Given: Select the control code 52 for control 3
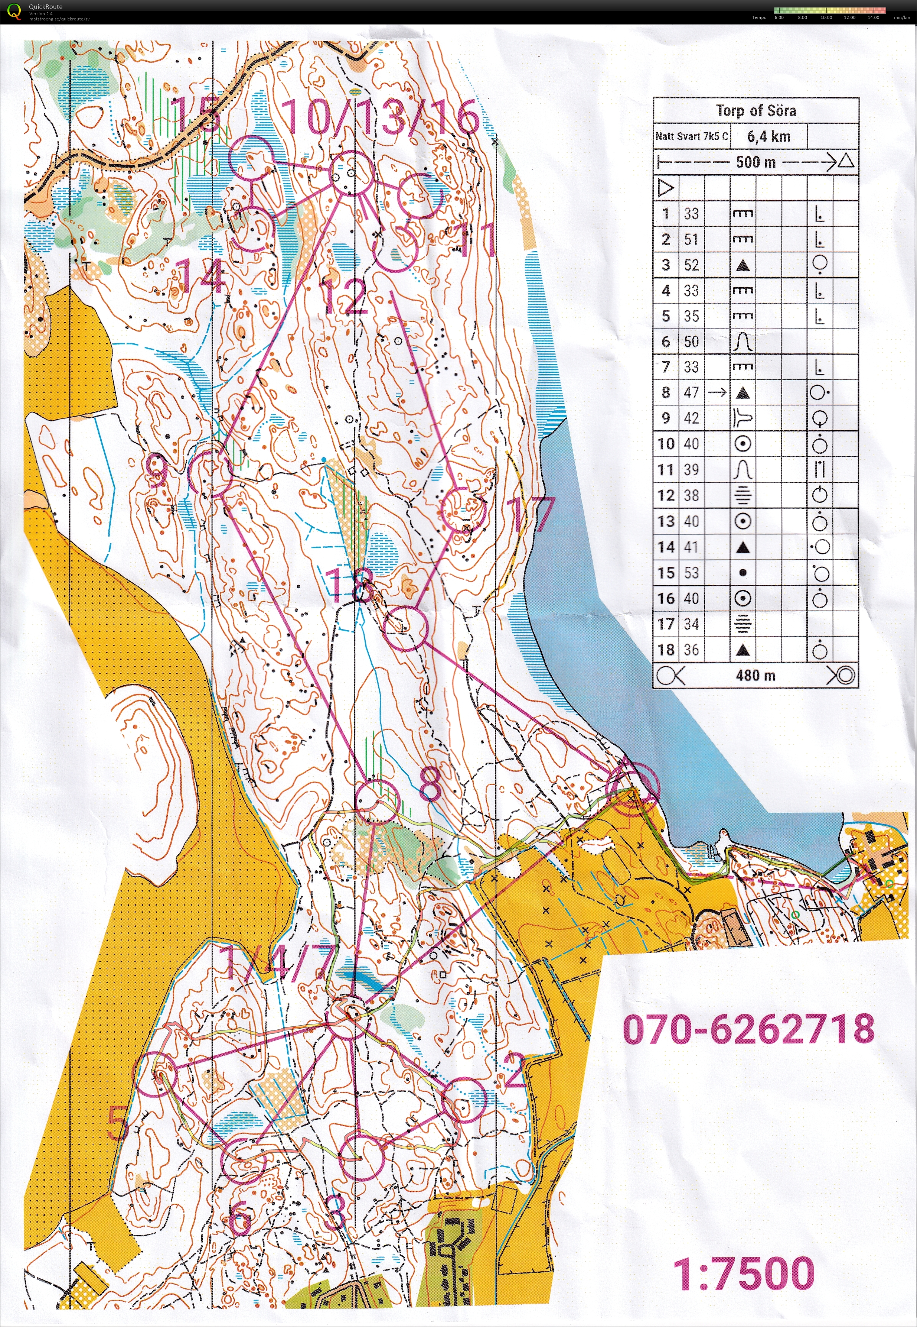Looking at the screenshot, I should pyautogui.click(x=691, y=265).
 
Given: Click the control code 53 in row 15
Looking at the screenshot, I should pyautogui.click(x=691, y=573).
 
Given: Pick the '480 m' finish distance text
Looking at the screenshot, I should pyautogui.click(x=756, y=676).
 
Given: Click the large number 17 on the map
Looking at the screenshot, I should pyautogui.click(x=533, y=514).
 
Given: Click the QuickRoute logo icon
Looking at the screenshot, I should pyautogui.click(x=14, y=11).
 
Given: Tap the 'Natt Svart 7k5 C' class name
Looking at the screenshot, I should pyautogui.click(x=691, y=136).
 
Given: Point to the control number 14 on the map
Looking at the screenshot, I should pyautogui.click(x=200, y=276).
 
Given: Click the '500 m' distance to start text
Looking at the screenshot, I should pyautogui.click(x=756, y=162).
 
